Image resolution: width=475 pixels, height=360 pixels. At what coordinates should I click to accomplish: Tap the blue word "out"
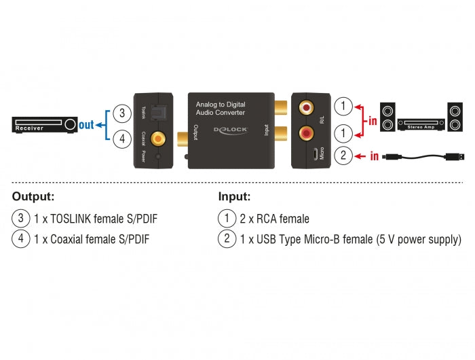[86, 125]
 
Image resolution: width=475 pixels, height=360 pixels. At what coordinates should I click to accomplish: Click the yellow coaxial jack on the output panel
[159, 139]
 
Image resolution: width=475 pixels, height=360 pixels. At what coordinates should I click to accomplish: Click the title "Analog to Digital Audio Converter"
[221, 107]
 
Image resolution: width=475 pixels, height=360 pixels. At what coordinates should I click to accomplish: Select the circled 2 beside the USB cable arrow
[345, 156]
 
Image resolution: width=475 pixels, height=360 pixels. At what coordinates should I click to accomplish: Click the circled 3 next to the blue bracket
[121, 112]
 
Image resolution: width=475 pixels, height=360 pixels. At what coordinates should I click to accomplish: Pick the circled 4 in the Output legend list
[20, 239]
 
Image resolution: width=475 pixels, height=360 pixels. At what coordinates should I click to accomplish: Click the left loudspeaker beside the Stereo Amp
[387, 118]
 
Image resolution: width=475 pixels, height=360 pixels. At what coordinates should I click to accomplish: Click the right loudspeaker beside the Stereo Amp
[455, 118]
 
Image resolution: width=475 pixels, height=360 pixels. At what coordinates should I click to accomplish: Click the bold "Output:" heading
[33, 197]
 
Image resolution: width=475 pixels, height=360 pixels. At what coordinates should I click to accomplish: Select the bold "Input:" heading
[234, 197]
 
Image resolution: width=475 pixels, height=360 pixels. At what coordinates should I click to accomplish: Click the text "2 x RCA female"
[274, 219]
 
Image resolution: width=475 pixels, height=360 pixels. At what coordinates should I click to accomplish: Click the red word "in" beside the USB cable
[374, 156]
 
